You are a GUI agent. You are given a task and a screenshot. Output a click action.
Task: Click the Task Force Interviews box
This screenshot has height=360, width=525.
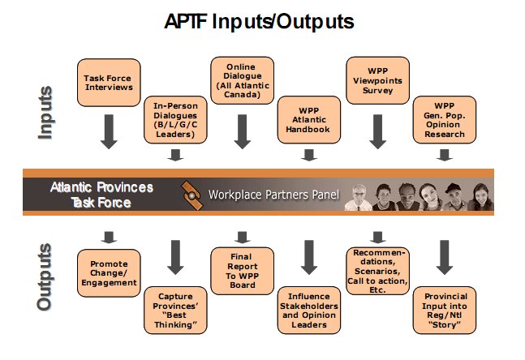[109, 83]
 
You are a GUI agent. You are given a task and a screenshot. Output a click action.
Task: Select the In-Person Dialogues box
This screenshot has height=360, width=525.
[175, 120]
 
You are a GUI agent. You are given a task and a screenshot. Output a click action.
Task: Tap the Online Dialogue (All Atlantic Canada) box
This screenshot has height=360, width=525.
[242, 80]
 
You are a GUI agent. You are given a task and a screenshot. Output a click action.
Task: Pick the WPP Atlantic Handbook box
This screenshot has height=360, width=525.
[309, 120]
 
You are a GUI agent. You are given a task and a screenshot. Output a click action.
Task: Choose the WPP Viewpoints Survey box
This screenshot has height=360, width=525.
[377, 80]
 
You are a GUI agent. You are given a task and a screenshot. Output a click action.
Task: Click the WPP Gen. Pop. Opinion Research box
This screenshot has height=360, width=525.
[445, 120]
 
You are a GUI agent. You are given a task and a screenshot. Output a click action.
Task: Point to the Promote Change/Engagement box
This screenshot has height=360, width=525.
[109, 273]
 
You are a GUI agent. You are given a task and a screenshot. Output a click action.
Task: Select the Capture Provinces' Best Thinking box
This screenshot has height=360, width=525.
[175, 311]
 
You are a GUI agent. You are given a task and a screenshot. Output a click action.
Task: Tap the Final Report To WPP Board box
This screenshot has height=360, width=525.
[242, 271]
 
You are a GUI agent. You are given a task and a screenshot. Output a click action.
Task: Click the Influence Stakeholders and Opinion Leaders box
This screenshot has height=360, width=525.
[309, 311]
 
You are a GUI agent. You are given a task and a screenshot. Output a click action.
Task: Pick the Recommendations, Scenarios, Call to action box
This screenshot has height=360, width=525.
[377, 271]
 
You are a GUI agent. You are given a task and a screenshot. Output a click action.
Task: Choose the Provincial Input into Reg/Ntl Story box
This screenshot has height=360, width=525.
[445, 311]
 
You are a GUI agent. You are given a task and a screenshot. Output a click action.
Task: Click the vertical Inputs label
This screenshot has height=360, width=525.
[45, 113]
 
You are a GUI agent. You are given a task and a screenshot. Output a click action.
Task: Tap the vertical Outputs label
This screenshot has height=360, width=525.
[45, 277]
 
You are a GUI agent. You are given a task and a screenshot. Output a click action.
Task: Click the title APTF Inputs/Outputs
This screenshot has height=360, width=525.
[259, 22]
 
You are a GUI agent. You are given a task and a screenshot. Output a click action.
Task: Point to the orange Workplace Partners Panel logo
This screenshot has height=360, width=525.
[191, 195]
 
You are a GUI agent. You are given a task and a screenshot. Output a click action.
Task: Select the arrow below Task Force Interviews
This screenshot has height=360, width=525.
[109, 131]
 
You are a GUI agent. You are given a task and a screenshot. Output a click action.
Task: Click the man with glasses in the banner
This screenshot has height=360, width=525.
[359, 197]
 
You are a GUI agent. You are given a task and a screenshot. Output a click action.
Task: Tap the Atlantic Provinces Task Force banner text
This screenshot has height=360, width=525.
[101, 195]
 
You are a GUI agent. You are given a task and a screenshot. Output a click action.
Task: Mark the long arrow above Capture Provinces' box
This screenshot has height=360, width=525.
[175, 257]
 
